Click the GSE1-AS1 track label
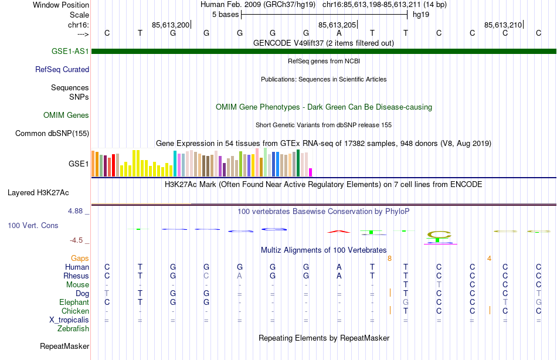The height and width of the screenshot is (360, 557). click(x=70, y=51)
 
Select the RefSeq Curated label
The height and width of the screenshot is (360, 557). click(x=62, y=69)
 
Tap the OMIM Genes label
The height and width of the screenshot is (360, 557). click(x=66, y=115)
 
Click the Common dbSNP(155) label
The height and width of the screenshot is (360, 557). click(x=52, y=133)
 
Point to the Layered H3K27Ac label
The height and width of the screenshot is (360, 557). click(x=38, y=192)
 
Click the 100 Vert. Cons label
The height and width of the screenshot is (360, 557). click(x=33, y=225)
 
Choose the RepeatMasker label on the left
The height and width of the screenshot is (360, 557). click(x=64, y=347)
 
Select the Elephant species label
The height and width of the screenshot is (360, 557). click(x=74, y=302)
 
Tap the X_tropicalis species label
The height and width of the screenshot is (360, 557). click(x=69, y=320)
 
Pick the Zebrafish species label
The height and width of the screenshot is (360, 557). click(x=73, y=328)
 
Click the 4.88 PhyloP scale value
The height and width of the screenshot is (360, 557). click(x=79, y=210)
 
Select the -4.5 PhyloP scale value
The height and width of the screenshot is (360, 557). click(x=80, y=240)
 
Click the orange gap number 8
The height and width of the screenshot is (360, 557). click(x=389, y=257)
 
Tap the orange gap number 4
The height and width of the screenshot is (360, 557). click(x=489, y=257)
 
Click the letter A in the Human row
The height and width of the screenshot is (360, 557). click(x=339, y=267)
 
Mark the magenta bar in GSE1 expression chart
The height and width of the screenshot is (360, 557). click(x=311, y=172)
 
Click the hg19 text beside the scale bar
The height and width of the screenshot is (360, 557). click(x=421, y=14)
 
